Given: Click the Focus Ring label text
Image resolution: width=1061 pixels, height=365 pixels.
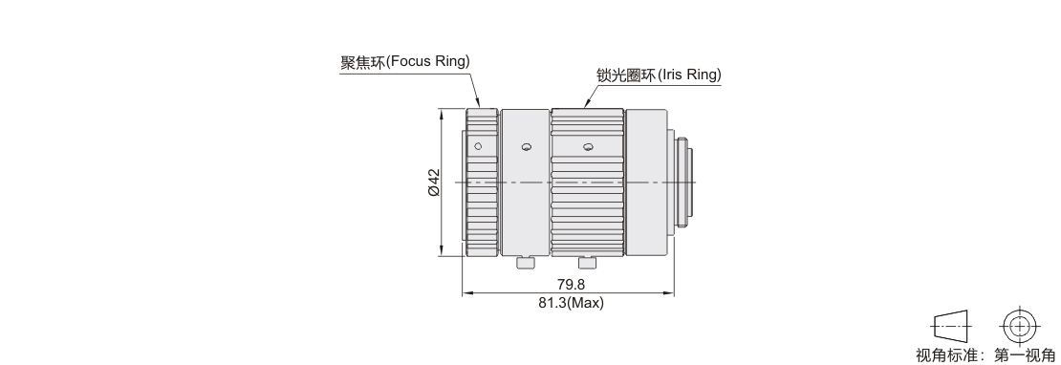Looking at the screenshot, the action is pyautogui.click(x=404, y=61).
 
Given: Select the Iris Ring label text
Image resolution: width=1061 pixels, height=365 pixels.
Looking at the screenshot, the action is pyautogui.click(x=659, y=75).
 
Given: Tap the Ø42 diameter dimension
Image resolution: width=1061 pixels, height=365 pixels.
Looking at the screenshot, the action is pyautogui.click(x=434, y=182).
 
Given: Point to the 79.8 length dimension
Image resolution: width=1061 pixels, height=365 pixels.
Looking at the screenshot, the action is pyautogui.click(x=571, y=285).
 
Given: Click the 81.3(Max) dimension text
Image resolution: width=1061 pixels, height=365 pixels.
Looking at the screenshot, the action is pyautogui.click(x=571, y=303).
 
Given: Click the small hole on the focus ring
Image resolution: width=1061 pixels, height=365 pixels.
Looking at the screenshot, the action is pyautogui.click(x=478, y=146).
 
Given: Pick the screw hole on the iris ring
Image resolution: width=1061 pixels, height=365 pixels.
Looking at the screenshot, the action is pyautogui.click(x=587, y=147).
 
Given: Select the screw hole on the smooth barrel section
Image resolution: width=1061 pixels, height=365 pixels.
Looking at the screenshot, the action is pyautogui.click(x=527, y=147).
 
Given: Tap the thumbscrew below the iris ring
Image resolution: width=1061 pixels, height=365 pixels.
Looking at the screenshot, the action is pyautogui.click(x=587, y=263).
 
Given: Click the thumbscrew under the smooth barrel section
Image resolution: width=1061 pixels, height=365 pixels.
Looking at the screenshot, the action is pyautogui.click(x=525, y=263).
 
